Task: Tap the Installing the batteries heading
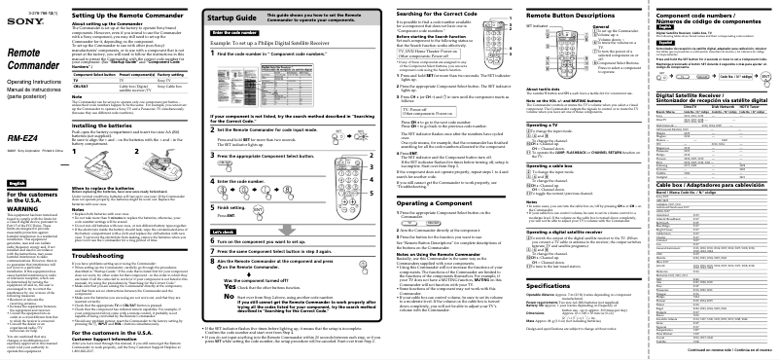click(124, 140)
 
